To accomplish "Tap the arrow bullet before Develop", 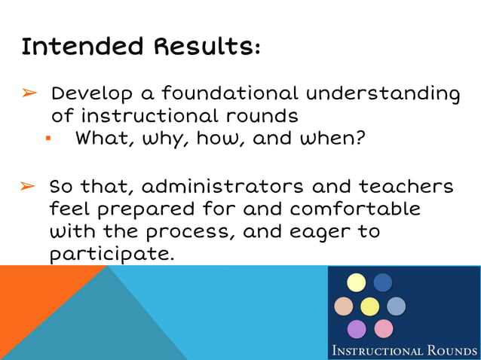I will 28,94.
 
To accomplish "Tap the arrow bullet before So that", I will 28,186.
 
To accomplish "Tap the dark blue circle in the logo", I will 382,282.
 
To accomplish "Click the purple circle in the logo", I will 357,329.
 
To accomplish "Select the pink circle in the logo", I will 383,329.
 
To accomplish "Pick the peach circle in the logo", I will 344,306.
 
